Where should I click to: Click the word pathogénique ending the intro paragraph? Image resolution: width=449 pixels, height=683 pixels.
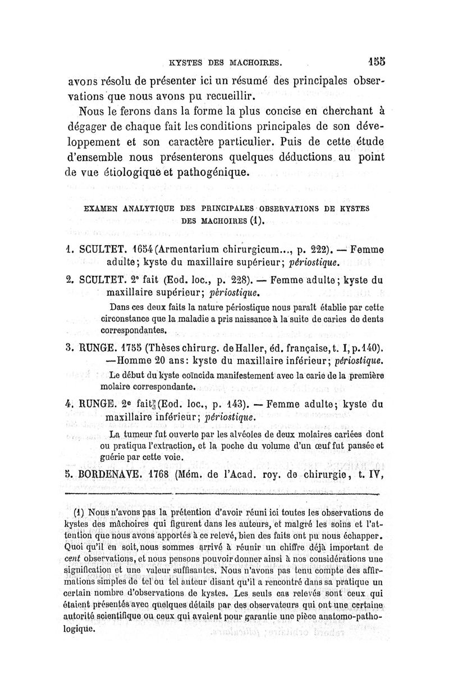(x=212, y=171)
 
